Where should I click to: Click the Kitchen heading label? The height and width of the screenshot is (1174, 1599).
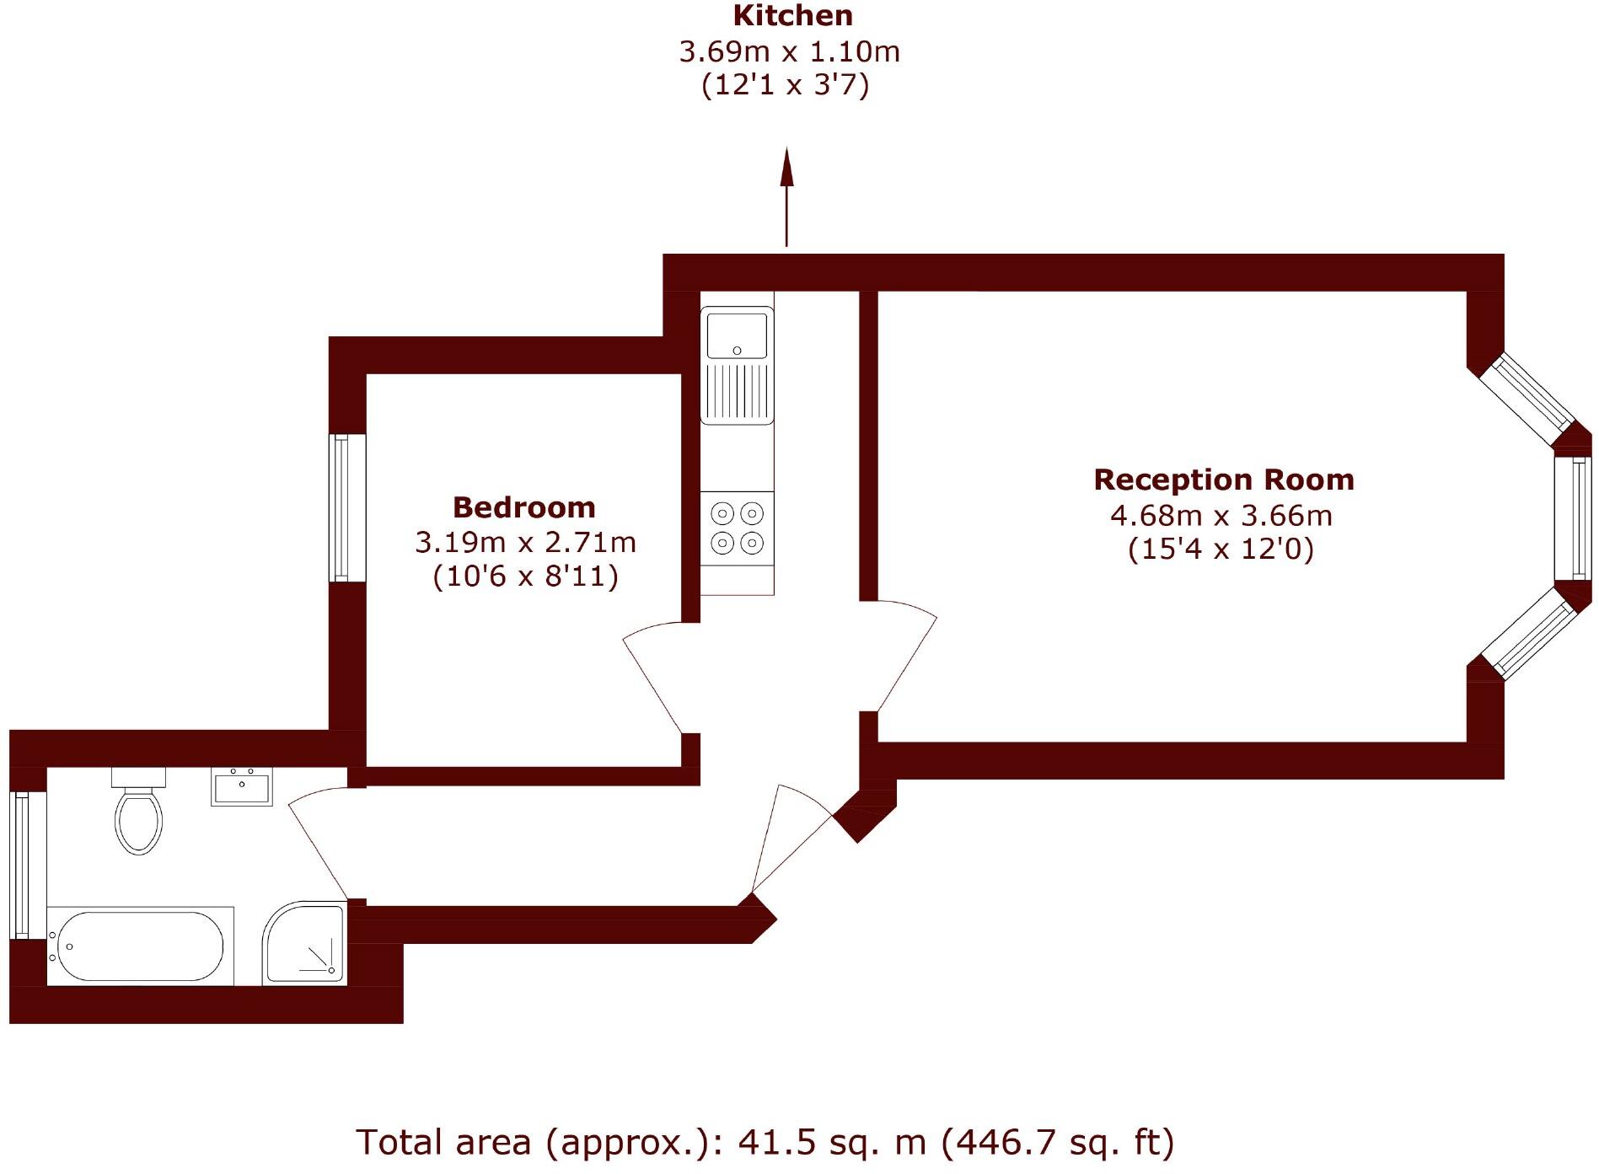pos(792,16)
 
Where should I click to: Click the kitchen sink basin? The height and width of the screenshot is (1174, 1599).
pos(737,335)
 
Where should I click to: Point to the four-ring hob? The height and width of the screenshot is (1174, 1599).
pos(737,528)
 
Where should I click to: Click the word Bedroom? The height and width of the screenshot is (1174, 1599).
pos(523,507)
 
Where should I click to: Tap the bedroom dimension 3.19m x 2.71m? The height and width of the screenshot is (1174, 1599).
pos(525,542)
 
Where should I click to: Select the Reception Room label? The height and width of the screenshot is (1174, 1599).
pos(1223,480)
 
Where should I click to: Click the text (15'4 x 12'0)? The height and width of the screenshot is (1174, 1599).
pos(1221,549)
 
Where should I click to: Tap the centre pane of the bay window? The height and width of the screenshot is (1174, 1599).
pos(1573,518)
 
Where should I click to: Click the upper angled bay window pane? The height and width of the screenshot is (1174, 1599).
pos(1527,399)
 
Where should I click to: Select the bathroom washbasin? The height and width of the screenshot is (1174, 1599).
pos(241,787)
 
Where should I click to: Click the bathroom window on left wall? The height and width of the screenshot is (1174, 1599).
pos(20,864)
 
